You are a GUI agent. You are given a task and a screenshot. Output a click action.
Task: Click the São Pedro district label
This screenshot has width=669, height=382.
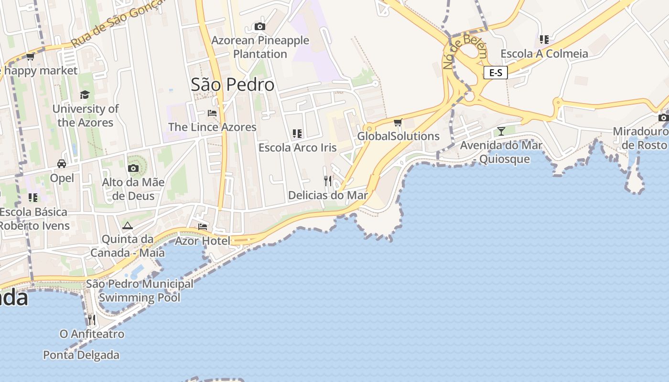233,85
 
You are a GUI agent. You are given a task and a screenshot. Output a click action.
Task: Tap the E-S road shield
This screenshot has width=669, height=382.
496,73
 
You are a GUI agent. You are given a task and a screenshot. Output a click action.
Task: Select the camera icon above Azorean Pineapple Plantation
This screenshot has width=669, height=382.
260,26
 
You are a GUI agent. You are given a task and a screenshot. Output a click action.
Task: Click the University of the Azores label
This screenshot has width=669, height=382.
86,116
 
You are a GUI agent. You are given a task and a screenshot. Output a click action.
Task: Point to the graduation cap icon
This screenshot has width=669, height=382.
85,95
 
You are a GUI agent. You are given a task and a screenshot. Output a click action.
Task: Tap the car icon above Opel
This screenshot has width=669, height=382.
62,164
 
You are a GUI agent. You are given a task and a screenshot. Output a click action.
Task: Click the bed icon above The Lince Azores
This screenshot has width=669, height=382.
212,113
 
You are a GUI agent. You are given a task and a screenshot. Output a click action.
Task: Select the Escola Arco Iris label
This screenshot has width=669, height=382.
298,148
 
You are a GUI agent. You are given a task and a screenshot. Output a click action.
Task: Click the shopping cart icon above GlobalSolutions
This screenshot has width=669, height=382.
398,122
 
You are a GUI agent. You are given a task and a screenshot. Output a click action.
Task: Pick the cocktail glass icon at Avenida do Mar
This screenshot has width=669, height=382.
501,131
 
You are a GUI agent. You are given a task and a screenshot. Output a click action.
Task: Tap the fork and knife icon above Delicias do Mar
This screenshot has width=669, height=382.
328,180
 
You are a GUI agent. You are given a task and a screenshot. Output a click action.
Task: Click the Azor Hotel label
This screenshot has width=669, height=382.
202,241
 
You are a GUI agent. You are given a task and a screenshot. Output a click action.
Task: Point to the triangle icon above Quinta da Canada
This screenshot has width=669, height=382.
127,225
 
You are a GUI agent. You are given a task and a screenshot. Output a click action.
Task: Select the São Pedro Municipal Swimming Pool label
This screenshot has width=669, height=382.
140,291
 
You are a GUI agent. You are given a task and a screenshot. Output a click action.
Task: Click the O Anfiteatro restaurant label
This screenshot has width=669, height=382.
92,334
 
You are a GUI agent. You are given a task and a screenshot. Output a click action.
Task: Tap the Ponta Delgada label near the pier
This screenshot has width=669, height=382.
81,355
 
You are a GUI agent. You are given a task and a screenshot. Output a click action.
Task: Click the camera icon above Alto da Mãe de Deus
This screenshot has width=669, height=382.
133,168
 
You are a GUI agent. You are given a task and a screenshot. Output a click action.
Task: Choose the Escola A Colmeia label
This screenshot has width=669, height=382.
544,53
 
